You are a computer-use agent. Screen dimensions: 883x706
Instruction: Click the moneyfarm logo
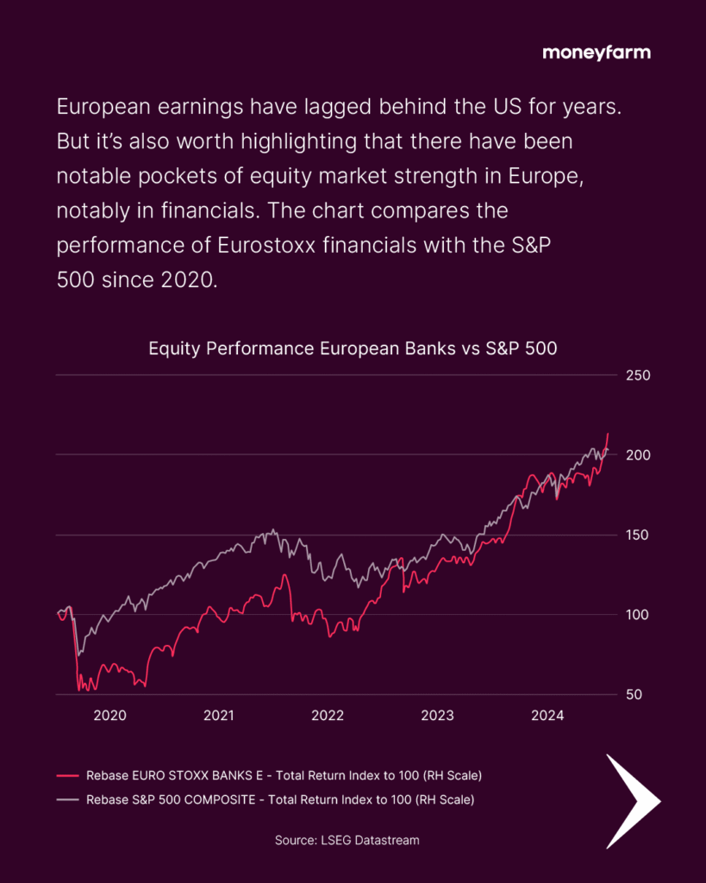(x=597, y=53)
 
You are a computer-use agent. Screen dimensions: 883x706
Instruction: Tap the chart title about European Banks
(x=353, y=349)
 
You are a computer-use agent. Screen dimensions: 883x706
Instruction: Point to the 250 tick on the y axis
(x=638, y=376)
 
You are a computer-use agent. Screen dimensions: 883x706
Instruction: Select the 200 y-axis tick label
(x=638, y=454)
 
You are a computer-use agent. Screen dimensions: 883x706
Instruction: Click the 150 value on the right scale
(x=638, y=535)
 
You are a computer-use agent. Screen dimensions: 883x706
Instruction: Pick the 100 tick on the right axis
(x=638, y=615)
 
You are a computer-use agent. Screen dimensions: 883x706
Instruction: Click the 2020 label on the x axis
(x=109, y=715)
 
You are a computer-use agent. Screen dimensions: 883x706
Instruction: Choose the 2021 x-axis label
(x=219, y=715)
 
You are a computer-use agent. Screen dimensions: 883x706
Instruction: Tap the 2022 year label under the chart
(x=328, y=715)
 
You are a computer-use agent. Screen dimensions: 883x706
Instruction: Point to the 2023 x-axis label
(x=437, y=715)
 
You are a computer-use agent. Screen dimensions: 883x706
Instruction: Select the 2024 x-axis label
(x=547, y=715)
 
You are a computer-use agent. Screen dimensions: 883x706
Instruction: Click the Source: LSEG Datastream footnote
(x=347, y=839)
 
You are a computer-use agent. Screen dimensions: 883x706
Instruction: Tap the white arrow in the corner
(x=631, y=801)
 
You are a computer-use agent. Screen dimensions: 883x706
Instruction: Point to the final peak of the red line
(x=608, y=433)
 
